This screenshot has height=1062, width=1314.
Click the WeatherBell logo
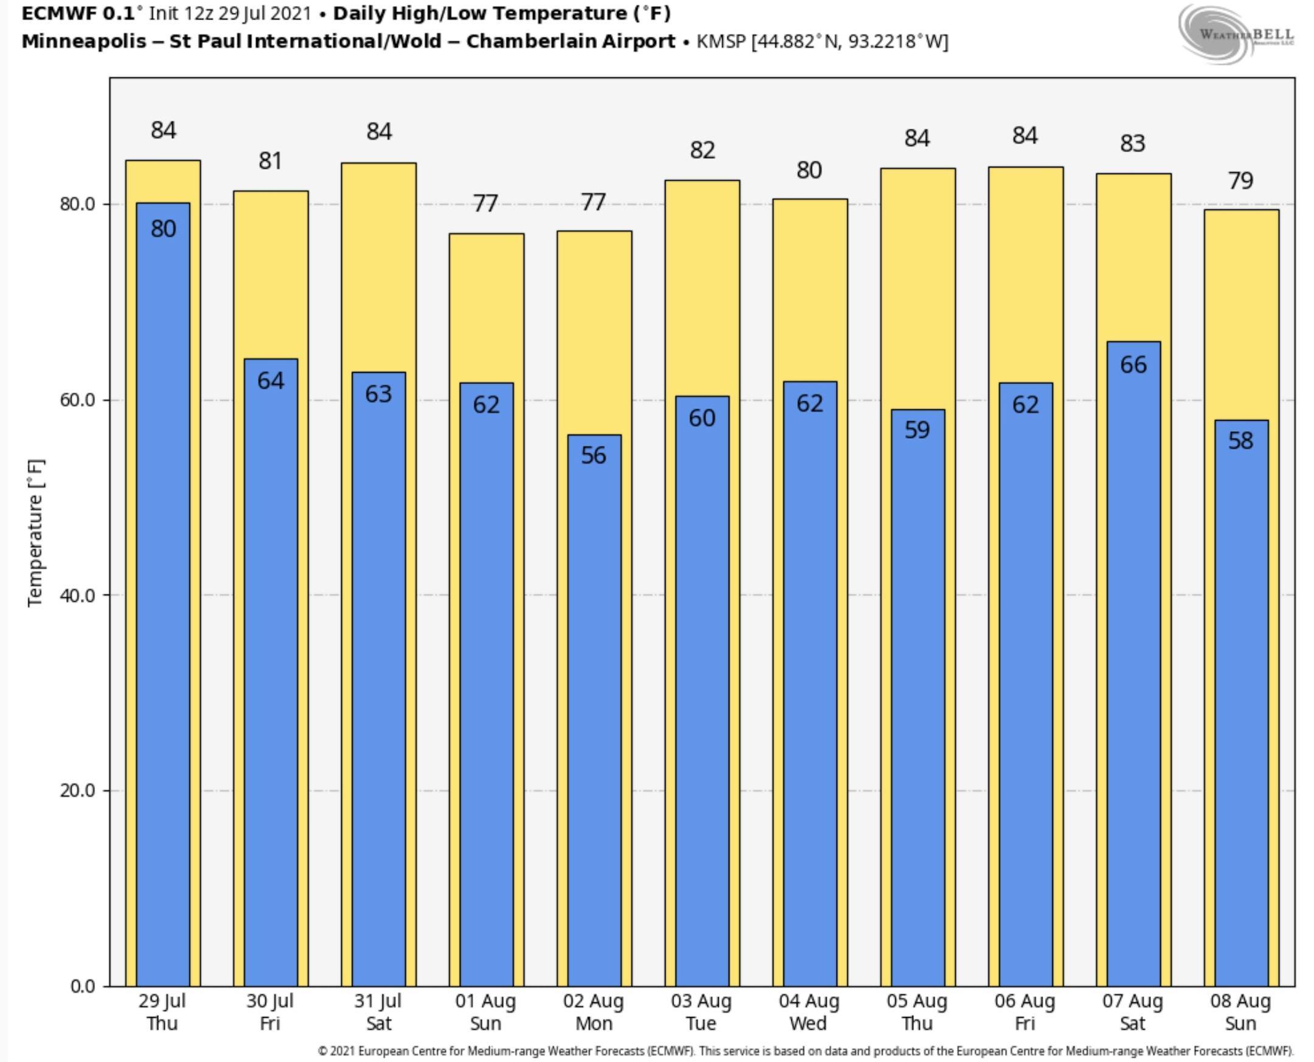pyautogui.click(x=1236, y=33)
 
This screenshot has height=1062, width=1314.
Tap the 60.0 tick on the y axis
pyautogui.click(x=78, y=400)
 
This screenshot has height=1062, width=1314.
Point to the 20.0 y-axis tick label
pyautogui.click(x=78, y=791)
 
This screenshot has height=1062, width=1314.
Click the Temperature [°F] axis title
pyautogui.click(x=35, y=533)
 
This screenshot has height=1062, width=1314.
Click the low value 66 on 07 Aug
pyautogui.click(x=1133, y=365)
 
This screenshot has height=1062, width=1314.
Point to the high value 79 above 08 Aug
pyautogui.click(x=1240, y=181)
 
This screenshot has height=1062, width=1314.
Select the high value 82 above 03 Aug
pyautogui.click(x=702, y=150)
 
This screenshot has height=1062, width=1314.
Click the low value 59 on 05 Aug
pyautogui.click(x=917, y=430)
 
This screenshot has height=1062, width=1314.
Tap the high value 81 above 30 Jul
pyautogui.click(x=270, y=161)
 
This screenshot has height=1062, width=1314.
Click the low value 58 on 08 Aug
pyautogui.click(x=1240, y=441)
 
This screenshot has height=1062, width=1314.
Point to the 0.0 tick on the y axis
pyautogui.click(x=83, y=985)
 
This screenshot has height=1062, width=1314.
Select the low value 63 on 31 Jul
pyautogui.click(x=378, y=394)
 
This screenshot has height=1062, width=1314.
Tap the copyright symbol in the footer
pyautogui.click(x=322, y=1051)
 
